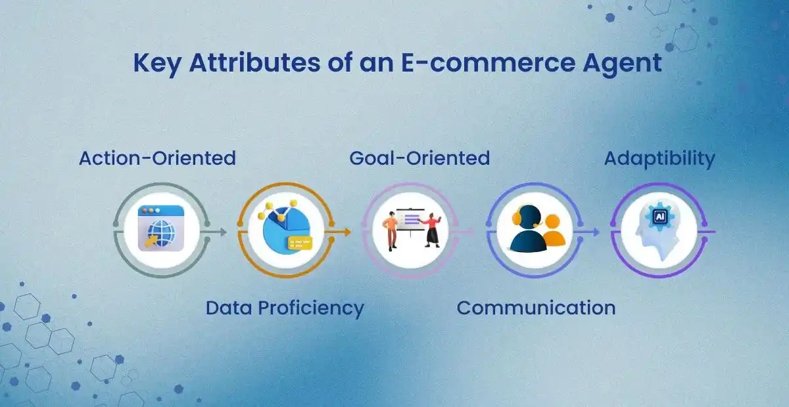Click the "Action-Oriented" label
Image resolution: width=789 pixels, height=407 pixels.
[x=157, y=158]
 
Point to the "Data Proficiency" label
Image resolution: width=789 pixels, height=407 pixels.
[x=285, y=307]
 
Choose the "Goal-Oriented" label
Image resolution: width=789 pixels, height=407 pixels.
[x=419, y=158]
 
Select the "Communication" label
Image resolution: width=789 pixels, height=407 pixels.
[x=536, y=307]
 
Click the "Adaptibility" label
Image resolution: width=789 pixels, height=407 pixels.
[x=659, y=158]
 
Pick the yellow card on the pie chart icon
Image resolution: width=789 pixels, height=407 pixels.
[x=299, y=244]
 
